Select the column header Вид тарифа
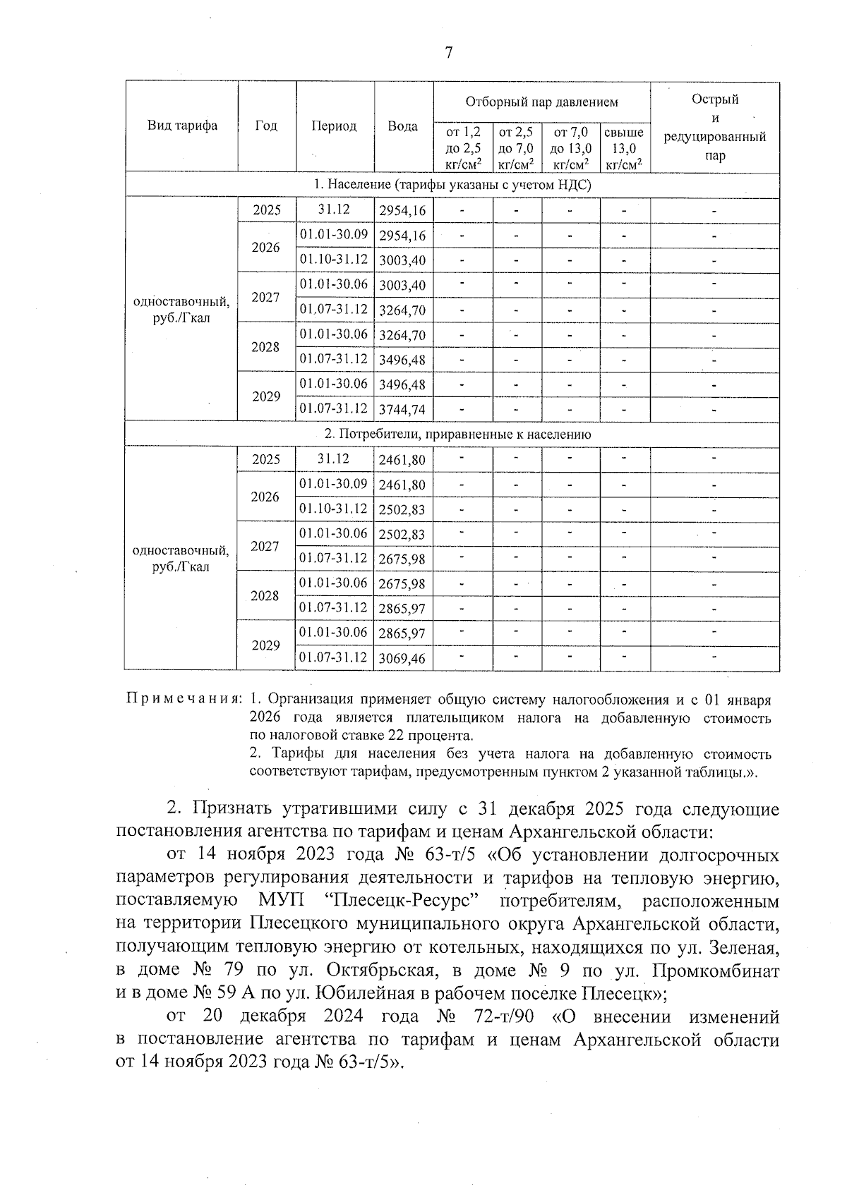tap(182, 126)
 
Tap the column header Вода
tap(402, 126)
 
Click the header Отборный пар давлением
tap(541, 102)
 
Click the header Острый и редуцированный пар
tap(714, 127)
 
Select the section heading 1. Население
tap(452, 185)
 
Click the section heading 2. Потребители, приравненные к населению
tap(452, 435)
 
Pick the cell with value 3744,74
tap(402, 410)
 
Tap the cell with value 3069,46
tap(402, 659)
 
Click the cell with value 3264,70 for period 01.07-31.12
tap(402, 310)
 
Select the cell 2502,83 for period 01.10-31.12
tap(402, 510)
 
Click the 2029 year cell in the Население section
tap(266, 396)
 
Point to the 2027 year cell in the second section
tap(265, 546)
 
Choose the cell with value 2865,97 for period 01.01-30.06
tap(402, 633)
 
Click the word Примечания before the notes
tap(184, 700)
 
